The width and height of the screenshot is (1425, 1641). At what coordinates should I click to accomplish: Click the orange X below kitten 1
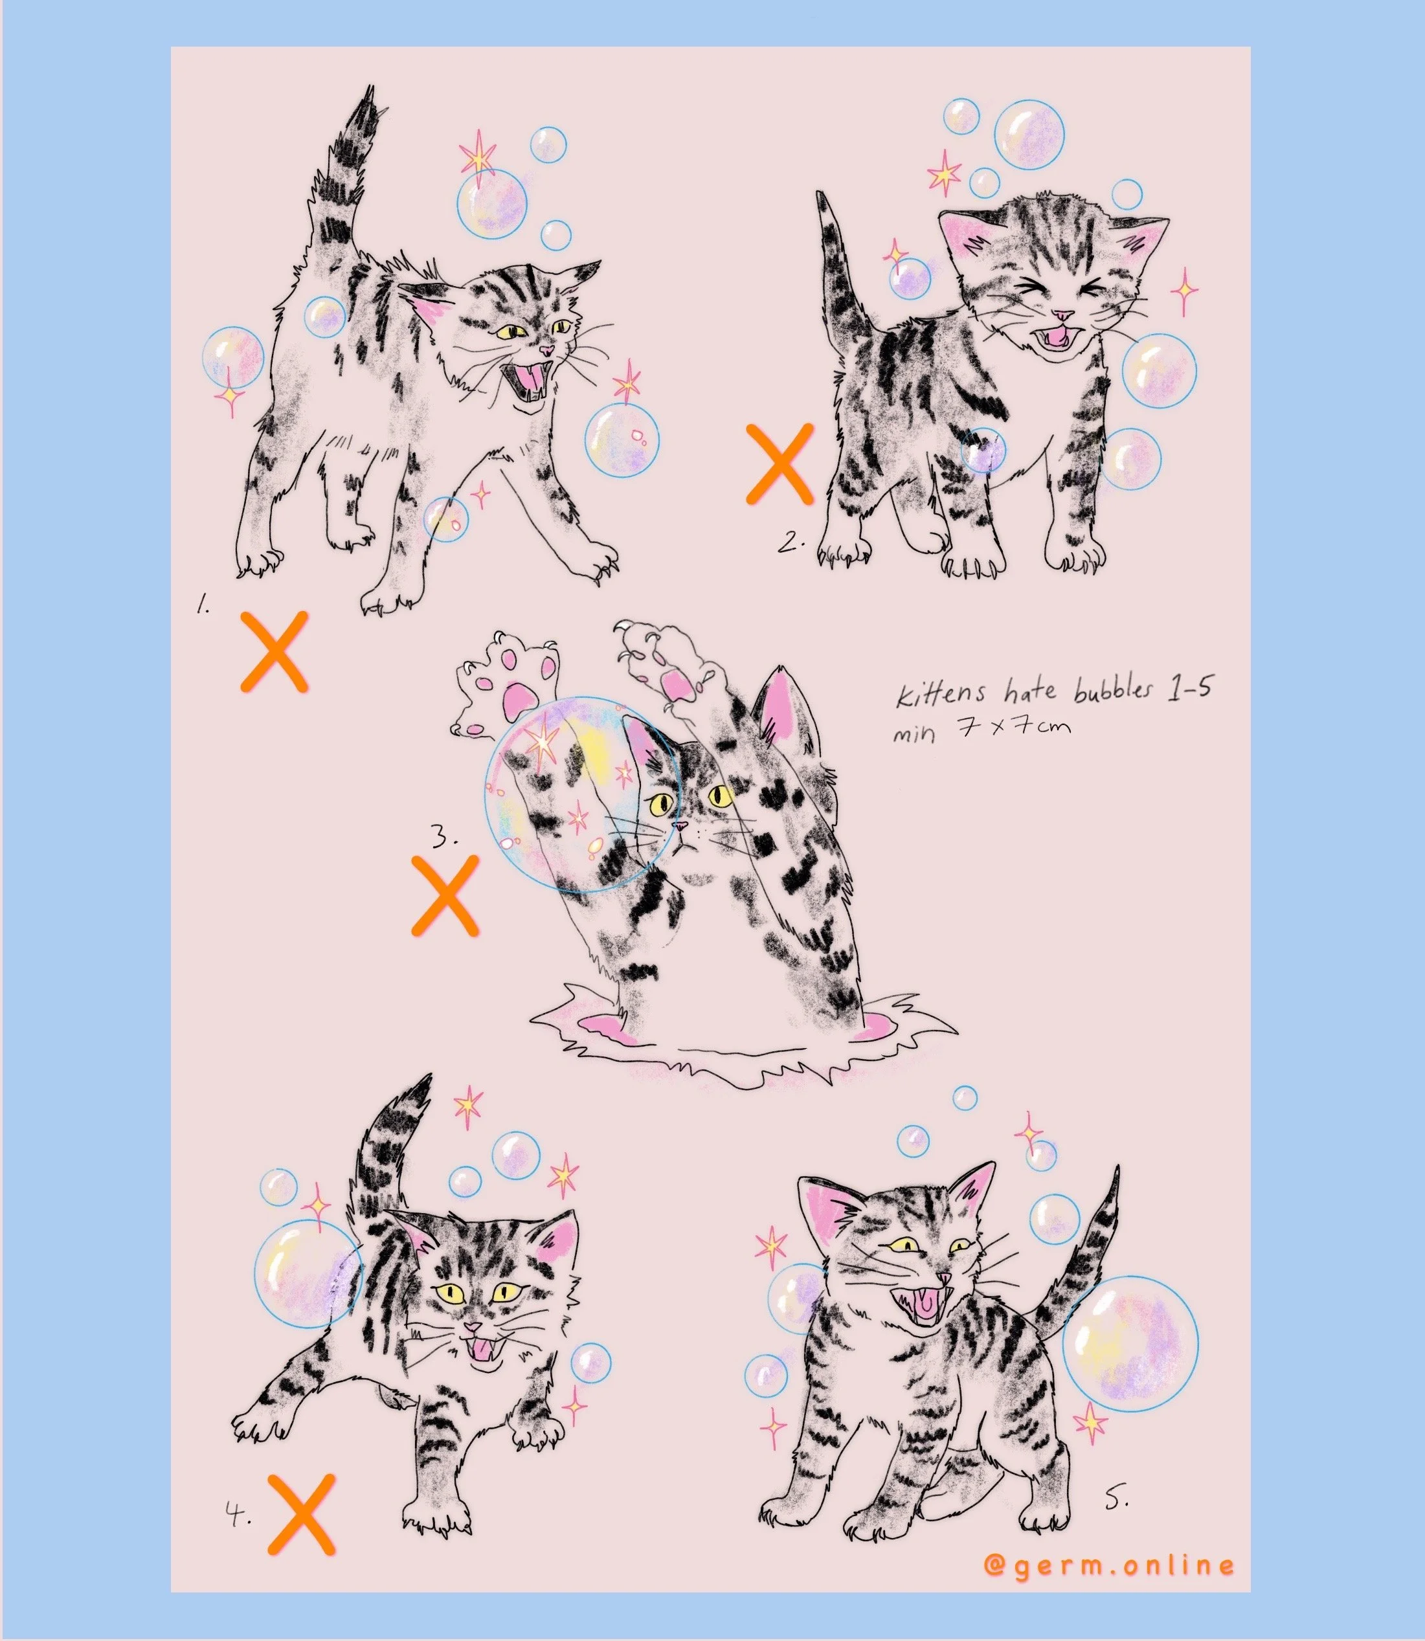(275, 651)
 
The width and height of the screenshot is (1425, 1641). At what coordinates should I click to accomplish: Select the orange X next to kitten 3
(445, 895)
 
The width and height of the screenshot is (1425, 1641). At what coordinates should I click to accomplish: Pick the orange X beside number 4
(302, 1513)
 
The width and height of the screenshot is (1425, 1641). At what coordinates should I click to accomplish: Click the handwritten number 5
(1116, 1498)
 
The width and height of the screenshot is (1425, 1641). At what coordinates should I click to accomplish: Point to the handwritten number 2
(791, 542)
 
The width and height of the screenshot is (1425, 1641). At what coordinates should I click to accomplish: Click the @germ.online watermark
(1108, 1565)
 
